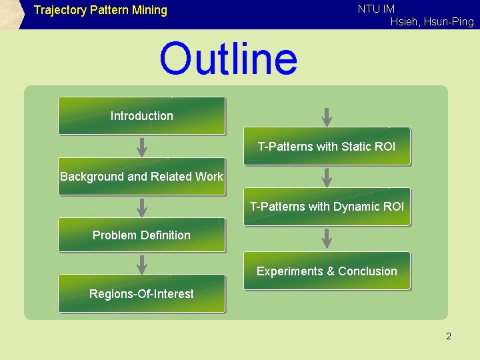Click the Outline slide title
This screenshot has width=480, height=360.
pos(228,59)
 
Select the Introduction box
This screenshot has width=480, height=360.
pos(141,116)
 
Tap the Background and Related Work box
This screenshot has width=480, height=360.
pos(141,177)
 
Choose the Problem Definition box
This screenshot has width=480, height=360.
pos(141,235)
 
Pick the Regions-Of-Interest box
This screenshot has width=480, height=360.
pos(141,294)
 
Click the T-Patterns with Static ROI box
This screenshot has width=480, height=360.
pos(327,146)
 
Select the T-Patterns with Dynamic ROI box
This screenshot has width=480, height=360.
pos(327,207)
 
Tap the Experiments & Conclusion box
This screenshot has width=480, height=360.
pos(327,271)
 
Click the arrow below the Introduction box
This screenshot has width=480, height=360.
pos(141,146)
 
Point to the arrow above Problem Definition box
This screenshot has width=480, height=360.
pos(141,207)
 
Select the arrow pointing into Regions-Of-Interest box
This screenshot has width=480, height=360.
pos(141,264)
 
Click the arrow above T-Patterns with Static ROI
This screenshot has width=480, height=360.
pos(327,116)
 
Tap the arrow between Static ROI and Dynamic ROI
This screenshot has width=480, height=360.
pos(327,177)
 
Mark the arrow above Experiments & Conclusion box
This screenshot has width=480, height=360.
pos(327,237)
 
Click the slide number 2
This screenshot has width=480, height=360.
pos(449,336)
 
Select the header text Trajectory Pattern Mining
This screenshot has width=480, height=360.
pos(100,10)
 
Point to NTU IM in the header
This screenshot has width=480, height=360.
pos(376,9)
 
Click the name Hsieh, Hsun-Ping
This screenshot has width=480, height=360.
pos(432,22)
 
